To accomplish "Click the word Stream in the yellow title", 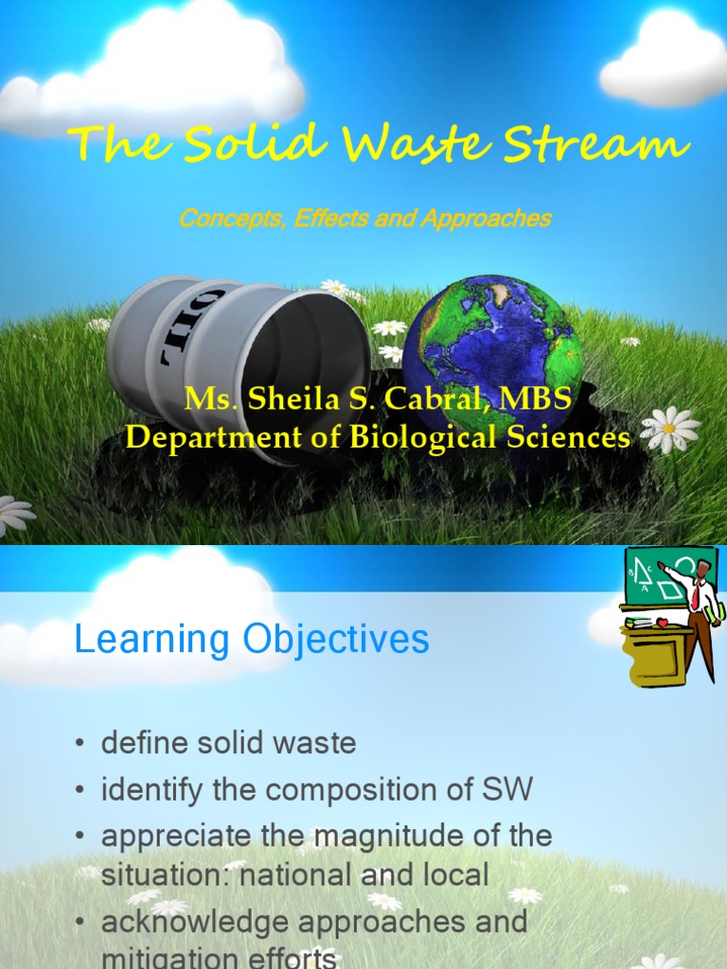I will (x=595, y=147).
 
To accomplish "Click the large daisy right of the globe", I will (x=670, y=430).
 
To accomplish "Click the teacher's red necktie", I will (x=696, y=596).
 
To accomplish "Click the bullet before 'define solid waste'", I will (x=80, y=745).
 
